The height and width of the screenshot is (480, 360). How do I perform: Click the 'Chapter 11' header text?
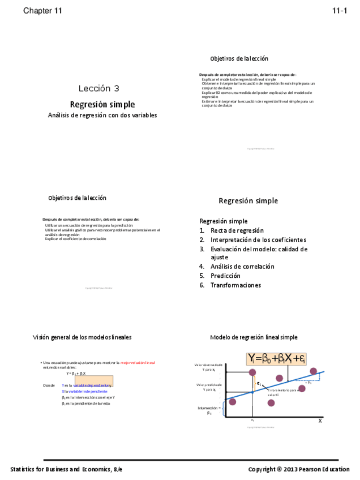42,11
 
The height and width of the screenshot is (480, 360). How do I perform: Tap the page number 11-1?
339,11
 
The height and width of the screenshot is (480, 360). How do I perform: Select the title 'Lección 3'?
99,88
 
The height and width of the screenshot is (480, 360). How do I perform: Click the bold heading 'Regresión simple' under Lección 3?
102,104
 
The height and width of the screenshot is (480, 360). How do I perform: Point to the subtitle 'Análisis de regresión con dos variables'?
102,115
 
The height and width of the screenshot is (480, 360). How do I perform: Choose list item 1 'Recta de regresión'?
237,230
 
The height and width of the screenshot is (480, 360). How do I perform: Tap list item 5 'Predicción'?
225,276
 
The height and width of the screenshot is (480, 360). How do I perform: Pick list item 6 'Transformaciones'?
235,285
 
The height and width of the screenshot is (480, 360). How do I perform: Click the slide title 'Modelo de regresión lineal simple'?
253,337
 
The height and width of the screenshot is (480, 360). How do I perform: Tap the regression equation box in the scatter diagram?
276,358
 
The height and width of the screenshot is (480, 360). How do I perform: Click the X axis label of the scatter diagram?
319,421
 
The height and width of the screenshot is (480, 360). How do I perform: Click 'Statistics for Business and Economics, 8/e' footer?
66,469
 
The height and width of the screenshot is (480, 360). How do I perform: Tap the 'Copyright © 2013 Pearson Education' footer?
298,469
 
